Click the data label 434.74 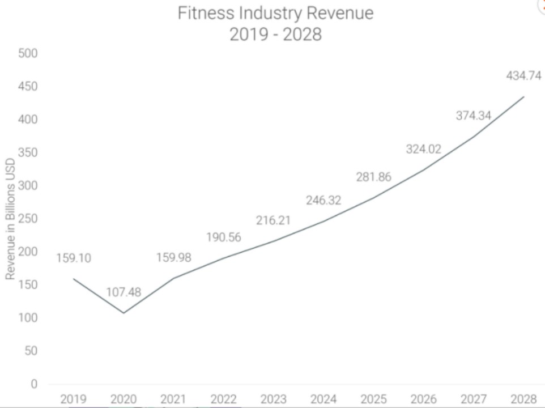click(x=523, y=76)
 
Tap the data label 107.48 click(x=124, y=292)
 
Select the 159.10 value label click(x=74, y=258)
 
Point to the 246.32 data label click(x=323, y=201)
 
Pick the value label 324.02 click(x=423, y=150)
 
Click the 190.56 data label click(x=223, y=237)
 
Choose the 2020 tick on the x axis click(x=124, y=399)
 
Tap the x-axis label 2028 click(x=523, y=399)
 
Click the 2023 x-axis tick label click(x=273, y=399)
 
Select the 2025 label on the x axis click(x=373, y=399)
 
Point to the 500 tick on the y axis click(x=28, y=54)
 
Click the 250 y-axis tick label click(x=28, y=219)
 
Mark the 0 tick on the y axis click(x=33, y=384)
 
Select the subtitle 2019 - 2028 click(x=275, y=35)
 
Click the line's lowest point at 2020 click(x=124, y=313)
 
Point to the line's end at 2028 click(x=523, y=97)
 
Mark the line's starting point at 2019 click(x=74, y=279)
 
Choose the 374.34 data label click(x=474, y=116)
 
